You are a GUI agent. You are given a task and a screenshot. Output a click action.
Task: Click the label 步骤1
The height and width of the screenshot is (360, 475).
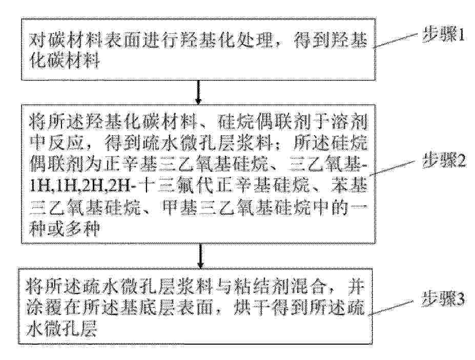pyautogui.click(x=443, y=36)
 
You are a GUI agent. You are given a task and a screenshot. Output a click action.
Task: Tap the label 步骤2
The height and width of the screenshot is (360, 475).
pyautogui.click(x=443, y=163)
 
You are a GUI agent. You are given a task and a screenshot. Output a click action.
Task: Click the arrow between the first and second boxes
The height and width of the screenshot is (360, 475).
pyautogui.click(x=198, y=92)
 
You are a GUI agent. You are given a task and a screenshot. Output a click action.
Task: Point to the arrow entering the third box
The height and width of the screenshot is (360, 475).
pyautogui.click(x=200, y=256)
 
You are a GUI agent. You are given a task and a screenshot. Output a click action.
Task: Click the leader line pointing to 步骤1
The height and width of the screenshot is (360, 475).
pyautogui.click(x=397, y=41)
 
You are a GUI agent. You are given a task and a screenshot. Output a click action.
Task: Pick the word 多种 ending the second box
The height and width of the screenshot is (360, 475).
pyautogui.click(x=82, y=230)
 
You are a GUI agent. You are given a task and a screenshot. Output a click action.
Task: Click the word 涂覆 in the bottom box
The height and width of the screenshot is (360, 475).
pyautogui.click(x=43, y=308)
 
